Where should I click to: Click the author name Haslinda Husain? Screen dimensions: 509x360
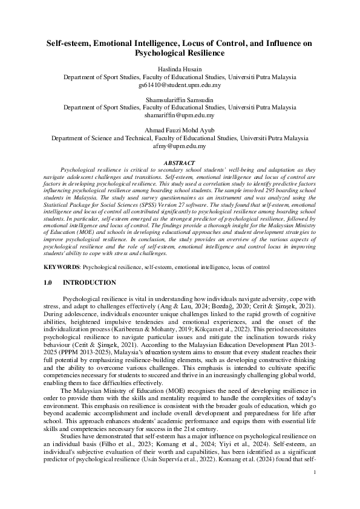180,70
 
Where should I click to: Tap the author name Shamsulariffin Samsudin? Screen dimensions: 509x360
180,99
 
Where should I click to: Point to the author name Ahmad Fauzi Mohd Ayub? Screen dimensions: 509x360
180,129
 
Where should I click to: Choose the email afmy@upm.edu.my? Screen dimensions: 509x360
180,146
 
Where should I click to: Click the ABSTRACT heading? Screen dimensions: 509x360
180,163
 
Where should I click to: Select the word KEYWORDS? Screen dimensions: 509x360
62,266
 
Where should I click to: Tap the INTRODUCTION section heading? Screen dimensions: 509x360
90,283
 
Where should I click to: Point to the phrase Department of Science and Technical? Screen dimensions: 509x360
99,138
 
